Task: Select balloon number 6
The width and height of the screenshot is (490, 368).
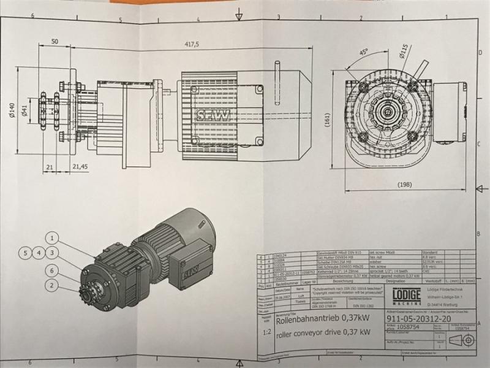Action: (x=53, y=270)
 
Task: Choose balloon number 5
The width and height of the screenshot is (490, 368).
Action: (x=25, y=252)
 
